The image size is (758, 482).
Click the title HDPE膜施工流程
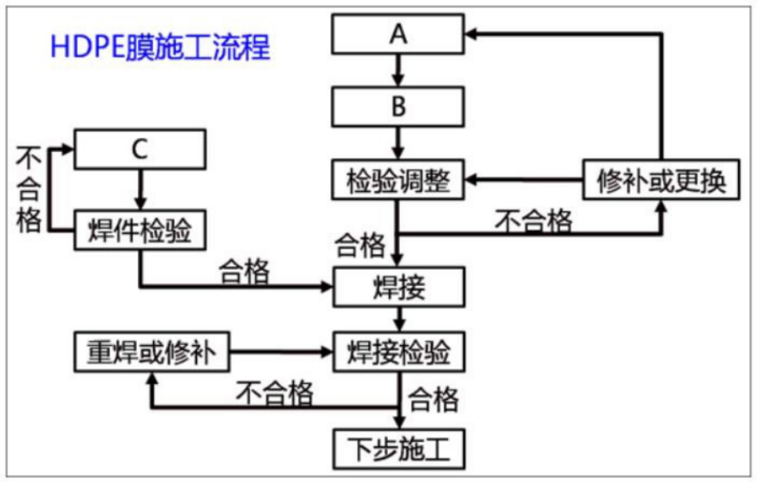click(160, 46)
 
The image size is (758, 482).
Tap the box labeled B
click(398, 106)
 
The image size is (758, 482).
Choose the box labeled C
click(140, 149)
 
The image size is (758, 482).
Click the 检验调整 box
click(398, 180)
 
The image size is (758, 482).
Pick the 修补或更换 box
click(662, 180)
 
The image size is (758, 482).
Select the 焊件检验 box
click(140, 230)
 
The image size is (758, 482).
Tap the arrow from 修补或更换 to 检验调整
click(526, 180)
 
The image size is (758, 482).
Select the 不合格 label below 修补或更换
click(533, 220)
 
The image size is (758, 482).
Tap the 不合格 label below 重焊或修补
click(275, 394)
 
